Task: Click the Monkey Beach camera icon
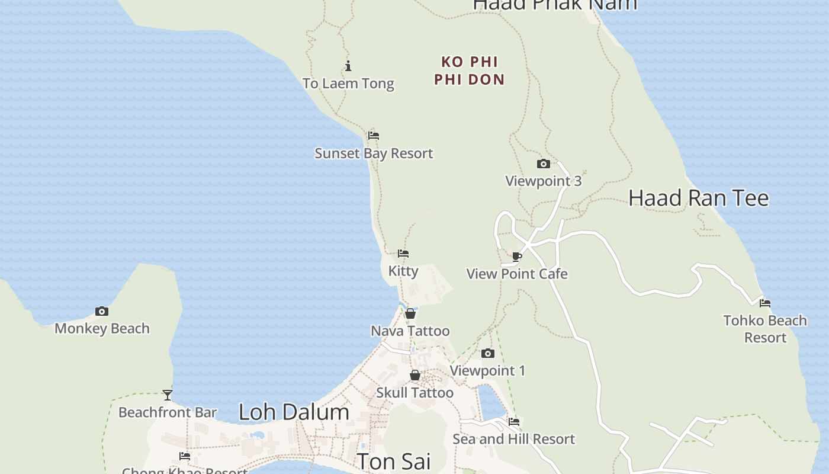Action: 102,311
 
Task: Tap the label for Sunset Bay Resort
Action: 374,153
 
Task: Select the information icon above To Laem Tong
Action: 348,66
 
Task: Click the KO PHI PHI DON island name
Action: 470,71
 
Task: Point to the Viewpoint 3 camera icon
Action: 543,164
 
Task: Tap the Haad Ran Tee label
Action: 698,198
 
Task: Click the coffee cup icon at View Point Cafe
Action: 517,257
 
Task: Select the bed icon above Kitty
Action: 403,254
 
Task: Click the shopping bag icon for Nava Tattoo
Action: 410,313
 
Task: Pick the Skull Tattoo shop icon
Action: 415,375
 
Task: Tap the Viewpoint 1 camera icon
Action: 487,354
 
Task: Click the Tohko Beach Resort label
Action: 765,329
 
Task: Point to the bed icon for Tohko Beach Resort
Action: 765,303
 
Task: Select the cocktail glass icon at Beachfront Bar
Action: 168,395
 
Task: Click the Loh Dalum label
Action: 294,412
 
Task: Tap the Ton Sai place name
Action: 393,461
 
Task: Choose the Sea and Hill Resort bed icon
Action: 514,422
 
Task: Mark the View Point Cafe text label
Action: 517,274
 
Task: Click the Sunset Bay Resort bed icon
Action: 373,136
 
